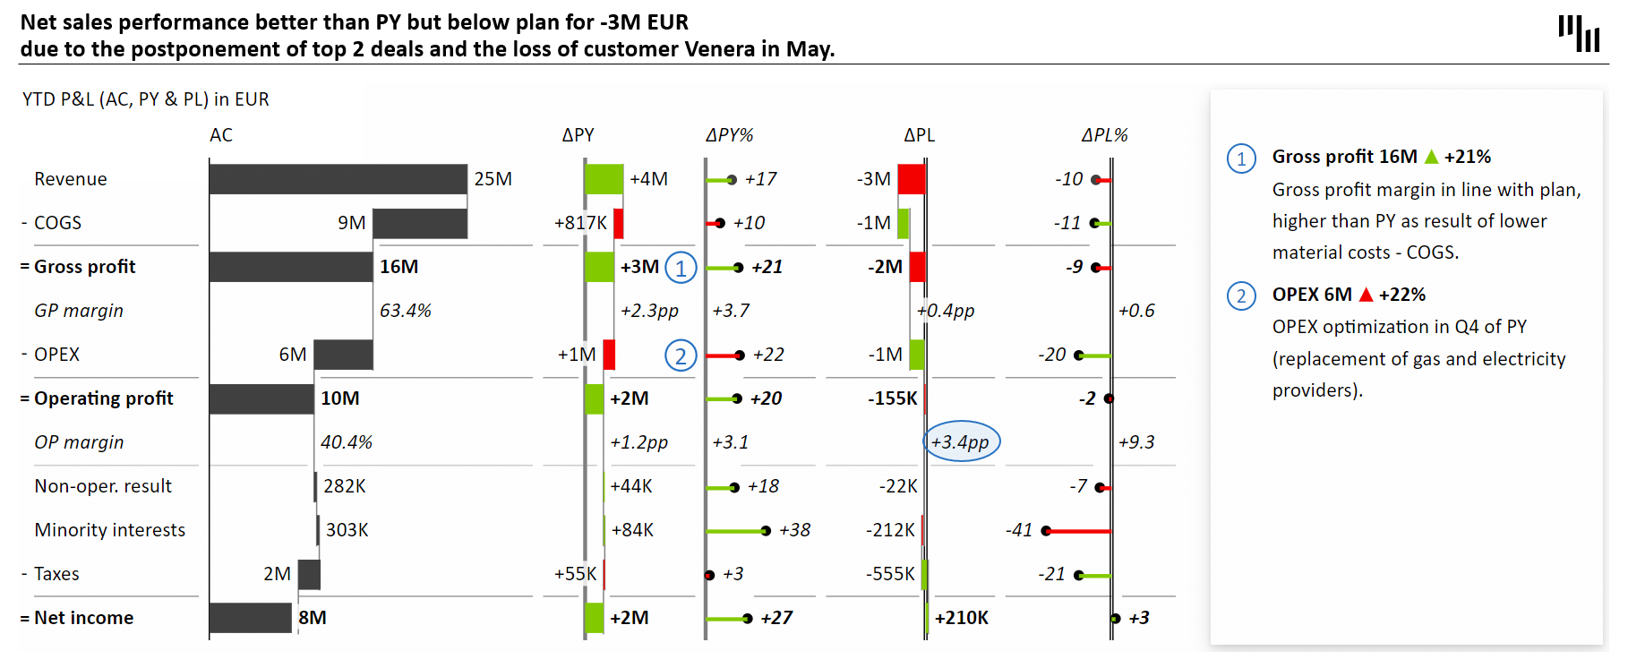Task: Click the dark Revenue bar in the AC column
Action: coord(338,179)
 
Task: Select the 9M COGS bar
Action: coord(420,223)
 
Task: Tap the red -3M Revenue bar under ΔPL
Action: coord(911,179)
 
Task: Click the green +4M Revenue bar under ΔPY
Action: coord(604,179)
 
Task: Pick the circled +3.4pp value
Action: coord(961,441)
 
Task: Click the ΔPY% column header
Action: coord(729,135)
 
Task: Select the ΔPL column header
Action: coord(919,135)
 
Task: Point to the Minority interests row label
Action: coord(109,530)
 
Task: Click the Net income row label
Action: coord(83,618)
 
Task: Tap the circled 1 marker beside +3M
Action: coord(681,268)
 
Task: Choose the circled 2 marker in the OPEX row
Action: coord(681,355)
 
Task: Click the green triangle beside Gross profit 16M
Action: coord(1431,157)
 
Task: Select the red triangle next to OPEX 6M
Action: coord(1366,295)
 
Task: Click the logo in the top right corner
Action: coord(1579,33)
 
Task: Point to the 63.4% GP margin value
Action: coord(405,311)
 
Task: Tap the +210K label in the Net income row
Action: coord(961,618)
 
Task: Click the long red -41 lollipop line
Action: coord(1078,531)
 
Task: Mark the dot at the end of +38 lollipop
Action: coord(766,531)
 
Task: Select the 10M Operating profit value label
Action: coord(340,398)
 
